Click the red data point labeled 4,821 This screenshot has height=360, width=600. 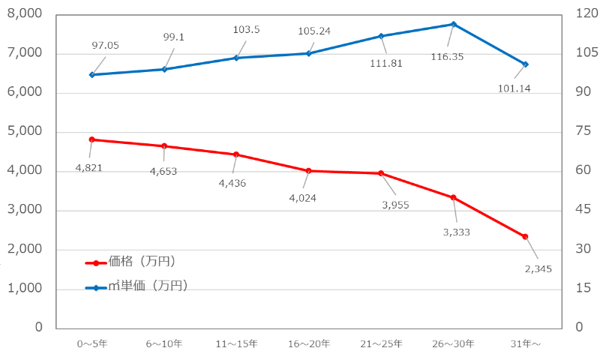tap(91, 139)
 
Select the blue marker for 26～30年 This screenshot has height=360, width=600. tap(453, 24)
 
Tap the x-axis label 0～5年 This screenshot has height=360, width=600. tap(91, 343)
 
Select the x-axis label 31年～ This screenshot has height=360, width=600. tap(526, 343)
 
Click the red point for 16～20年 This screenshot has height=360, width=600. tap(308, 171)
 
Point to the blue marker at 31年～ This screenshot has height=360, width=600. tap(526, 64)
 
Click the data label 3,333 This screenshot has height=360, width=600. tap(457, 232)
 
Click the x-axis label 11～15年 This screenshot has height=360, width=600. tap(236, 343)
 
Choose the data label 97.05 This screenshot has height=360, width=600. tap(106, 46)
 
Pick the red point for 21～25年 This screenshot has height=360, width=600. tap(381, 173)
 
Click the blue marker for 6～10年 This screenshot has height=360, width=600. tap(164, 69)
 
